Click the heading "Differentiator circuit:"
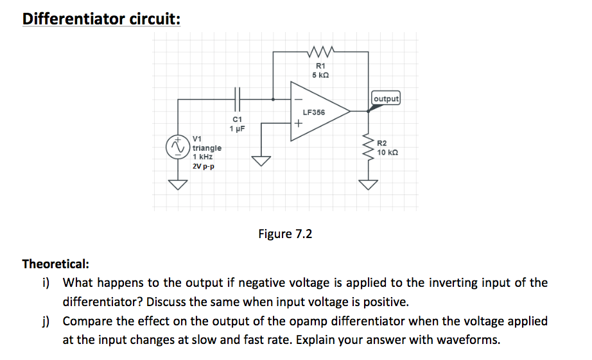point(101,18)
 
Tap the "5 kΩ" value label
point(320,75)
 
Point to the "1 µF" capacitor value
point(237,128)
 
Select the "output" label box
point(386,99)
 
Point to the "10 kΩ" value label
point(390,152)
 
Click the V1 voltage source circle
point(176,148)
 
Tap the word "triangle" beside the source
point(207,148)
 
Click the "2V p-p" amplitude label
point(204,166)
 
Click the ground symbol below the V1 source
point(177,185)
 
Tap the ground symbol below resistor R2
point(369,185)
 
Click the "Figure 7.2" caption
point(285,234)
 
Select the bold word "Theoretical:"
point(56,264)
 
